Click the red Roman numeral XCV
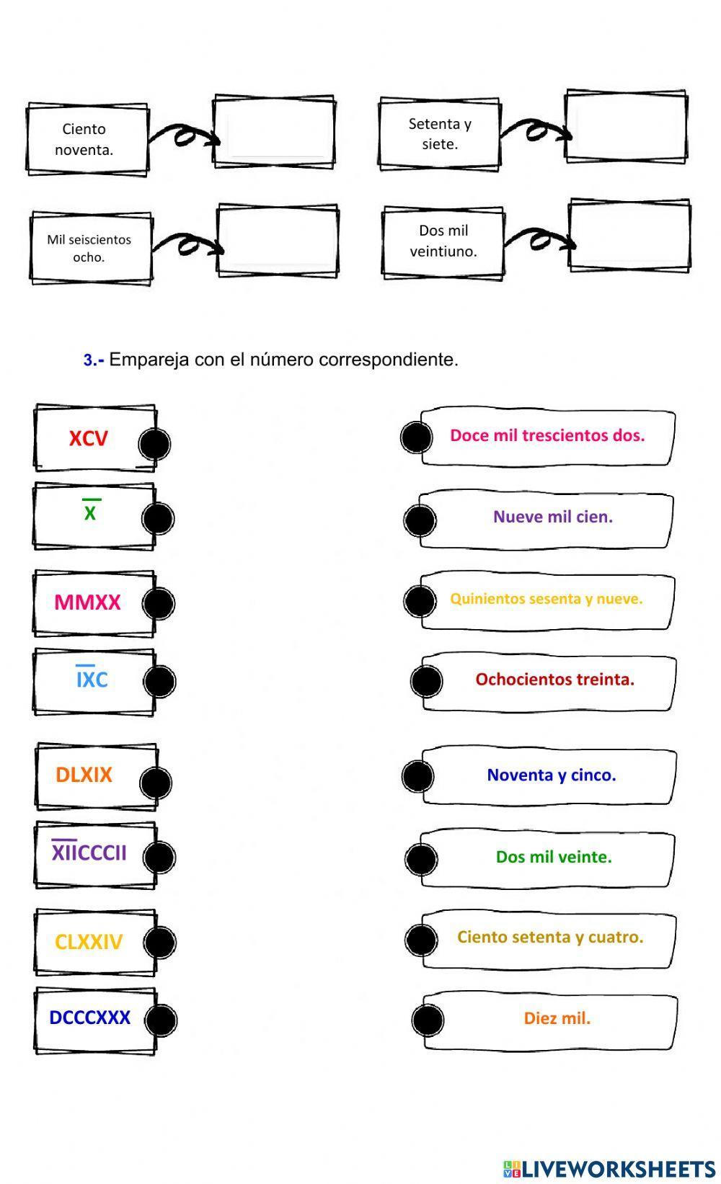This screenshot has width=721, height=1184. (88, 438)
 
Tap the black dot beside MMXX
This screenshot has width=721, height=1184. (158, 603)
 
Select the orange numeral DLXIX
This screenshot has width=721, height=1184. (84, 775)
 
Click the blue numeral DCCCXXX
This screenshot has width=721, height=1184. (89, 1018)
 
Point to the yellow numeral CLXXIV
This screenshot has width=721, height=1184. (89, 941)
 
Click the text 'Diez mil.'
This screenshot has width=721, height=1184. (557, 1018)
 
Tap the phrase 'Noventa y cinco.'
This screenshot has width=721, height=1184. (552, 775)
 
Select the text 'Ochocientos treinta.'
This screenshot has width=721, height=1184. (554, 679)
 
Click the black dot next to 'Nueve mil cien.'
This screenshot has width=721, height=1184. (420, 520)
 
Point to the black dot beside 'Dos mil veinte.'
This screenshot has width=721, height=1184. (421, 858)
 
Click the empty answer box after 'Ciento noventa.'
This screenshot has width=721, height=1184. (274, 132)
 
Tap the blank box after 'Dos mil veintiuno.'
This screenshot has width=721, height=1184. (629, 236)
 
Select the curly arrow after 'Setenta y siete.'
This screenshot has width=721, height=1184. (534, 130)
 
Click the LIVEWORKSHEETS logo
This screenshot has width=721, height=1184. (609, 1168)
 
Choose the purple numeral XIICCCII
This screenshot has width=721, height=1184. (89, 853)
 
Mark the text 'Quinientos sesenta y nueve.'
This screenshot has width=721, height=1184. (546, 598)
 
